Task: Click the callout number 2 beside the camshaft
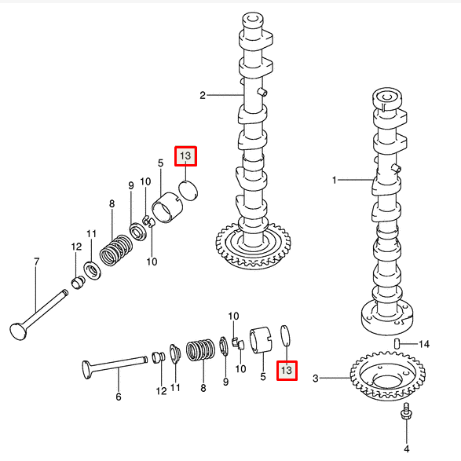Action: click(x=203, y=95)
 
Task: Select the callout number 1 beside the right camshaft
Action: click(x=334, y=180)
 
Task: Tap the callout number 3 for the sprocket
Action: click(x=316, y=378)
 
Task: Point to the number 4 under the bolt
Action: click(x=407, y=449)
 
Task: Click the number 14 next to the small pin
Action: click(x=423, y=344)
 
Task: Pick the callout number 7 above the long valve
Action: click(x=36, y=262)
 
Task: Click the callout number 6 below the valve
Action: click(x=118, y=397)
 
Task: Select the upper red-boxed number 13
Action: click(x=185, y=155)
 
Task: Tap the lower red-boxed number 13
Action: click(x=287, y=371)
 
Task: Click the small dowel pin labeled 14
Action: click(x=397, y=343)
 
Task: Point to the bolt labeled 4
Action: click(x=407, y=410)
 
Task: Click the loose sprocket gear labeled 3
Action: click(x=387, y=375)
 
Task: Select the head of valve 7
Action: click(x=18, y=331)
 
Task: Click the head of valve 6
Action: click(x=86, y=370)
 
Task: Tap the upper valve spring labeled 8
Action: click(x=115, y=250)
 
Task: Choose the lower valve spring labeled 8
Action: click(x=200, y=349)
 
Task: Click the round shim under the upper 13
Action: click(x=188, y=191)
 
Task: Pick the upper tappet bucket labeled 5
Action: click(x=167, y=207)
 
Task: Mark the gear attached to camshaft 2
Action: click(x=254, y=247)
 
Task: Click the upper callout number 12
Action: click(x=76, y=247)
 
